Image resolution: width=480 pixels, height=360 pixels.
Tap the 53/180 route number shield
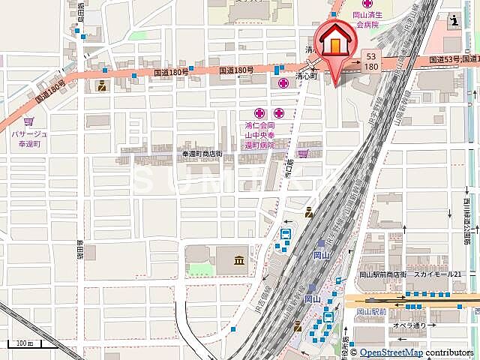tap(371, 61)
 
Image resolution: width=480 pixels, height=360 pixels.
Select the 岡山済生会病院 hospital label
tap(367, 19)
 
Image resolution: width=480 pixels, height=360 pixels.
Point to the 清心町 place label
tap(306, 76)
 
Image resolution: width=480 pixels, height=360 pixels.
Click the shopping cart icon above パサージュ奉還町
tap(28, 121)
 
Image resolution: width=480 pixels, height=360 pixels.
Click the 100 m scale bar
tap(22, 345)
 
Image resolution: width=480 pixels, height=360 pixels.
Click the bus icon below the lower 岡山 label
tap(327, 319)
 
